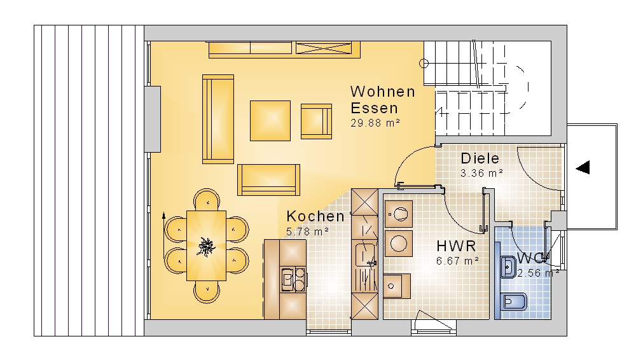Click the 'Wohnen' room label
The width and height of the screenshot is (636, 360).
383,92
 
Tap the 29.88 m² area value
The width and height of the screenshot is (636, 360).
375,123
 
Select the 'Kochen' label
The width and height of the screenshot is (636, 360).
315,216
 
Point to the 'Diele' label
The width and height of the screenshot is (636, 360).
480,158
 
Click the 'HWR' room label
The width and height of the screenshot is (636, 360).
456,246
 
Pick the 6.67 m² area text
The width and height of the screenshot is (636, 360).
457,261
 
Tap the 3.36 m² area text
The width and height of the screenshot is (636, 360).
481,173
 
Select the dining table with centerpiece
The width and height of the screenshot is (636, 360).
206,246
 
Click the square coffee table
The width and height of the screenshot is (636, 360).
270,121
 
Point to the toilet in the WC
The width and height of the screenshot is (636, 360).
514,302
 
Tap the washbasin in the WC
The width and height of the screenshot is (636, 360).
508,267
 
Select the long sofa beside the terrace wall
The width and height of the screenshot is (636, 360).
218,119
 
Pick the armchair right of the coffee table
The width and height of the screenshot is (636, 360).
316,121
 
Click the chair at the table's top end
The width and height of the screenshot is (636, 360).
207,200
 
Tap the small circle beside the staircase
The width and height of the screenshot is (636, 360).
424,64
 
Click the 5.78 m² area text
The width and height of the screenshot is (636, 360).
307,232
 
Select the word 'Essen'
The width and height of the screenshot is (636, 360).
374,108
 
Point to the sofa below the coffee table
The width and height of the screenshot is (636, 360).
268,180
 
